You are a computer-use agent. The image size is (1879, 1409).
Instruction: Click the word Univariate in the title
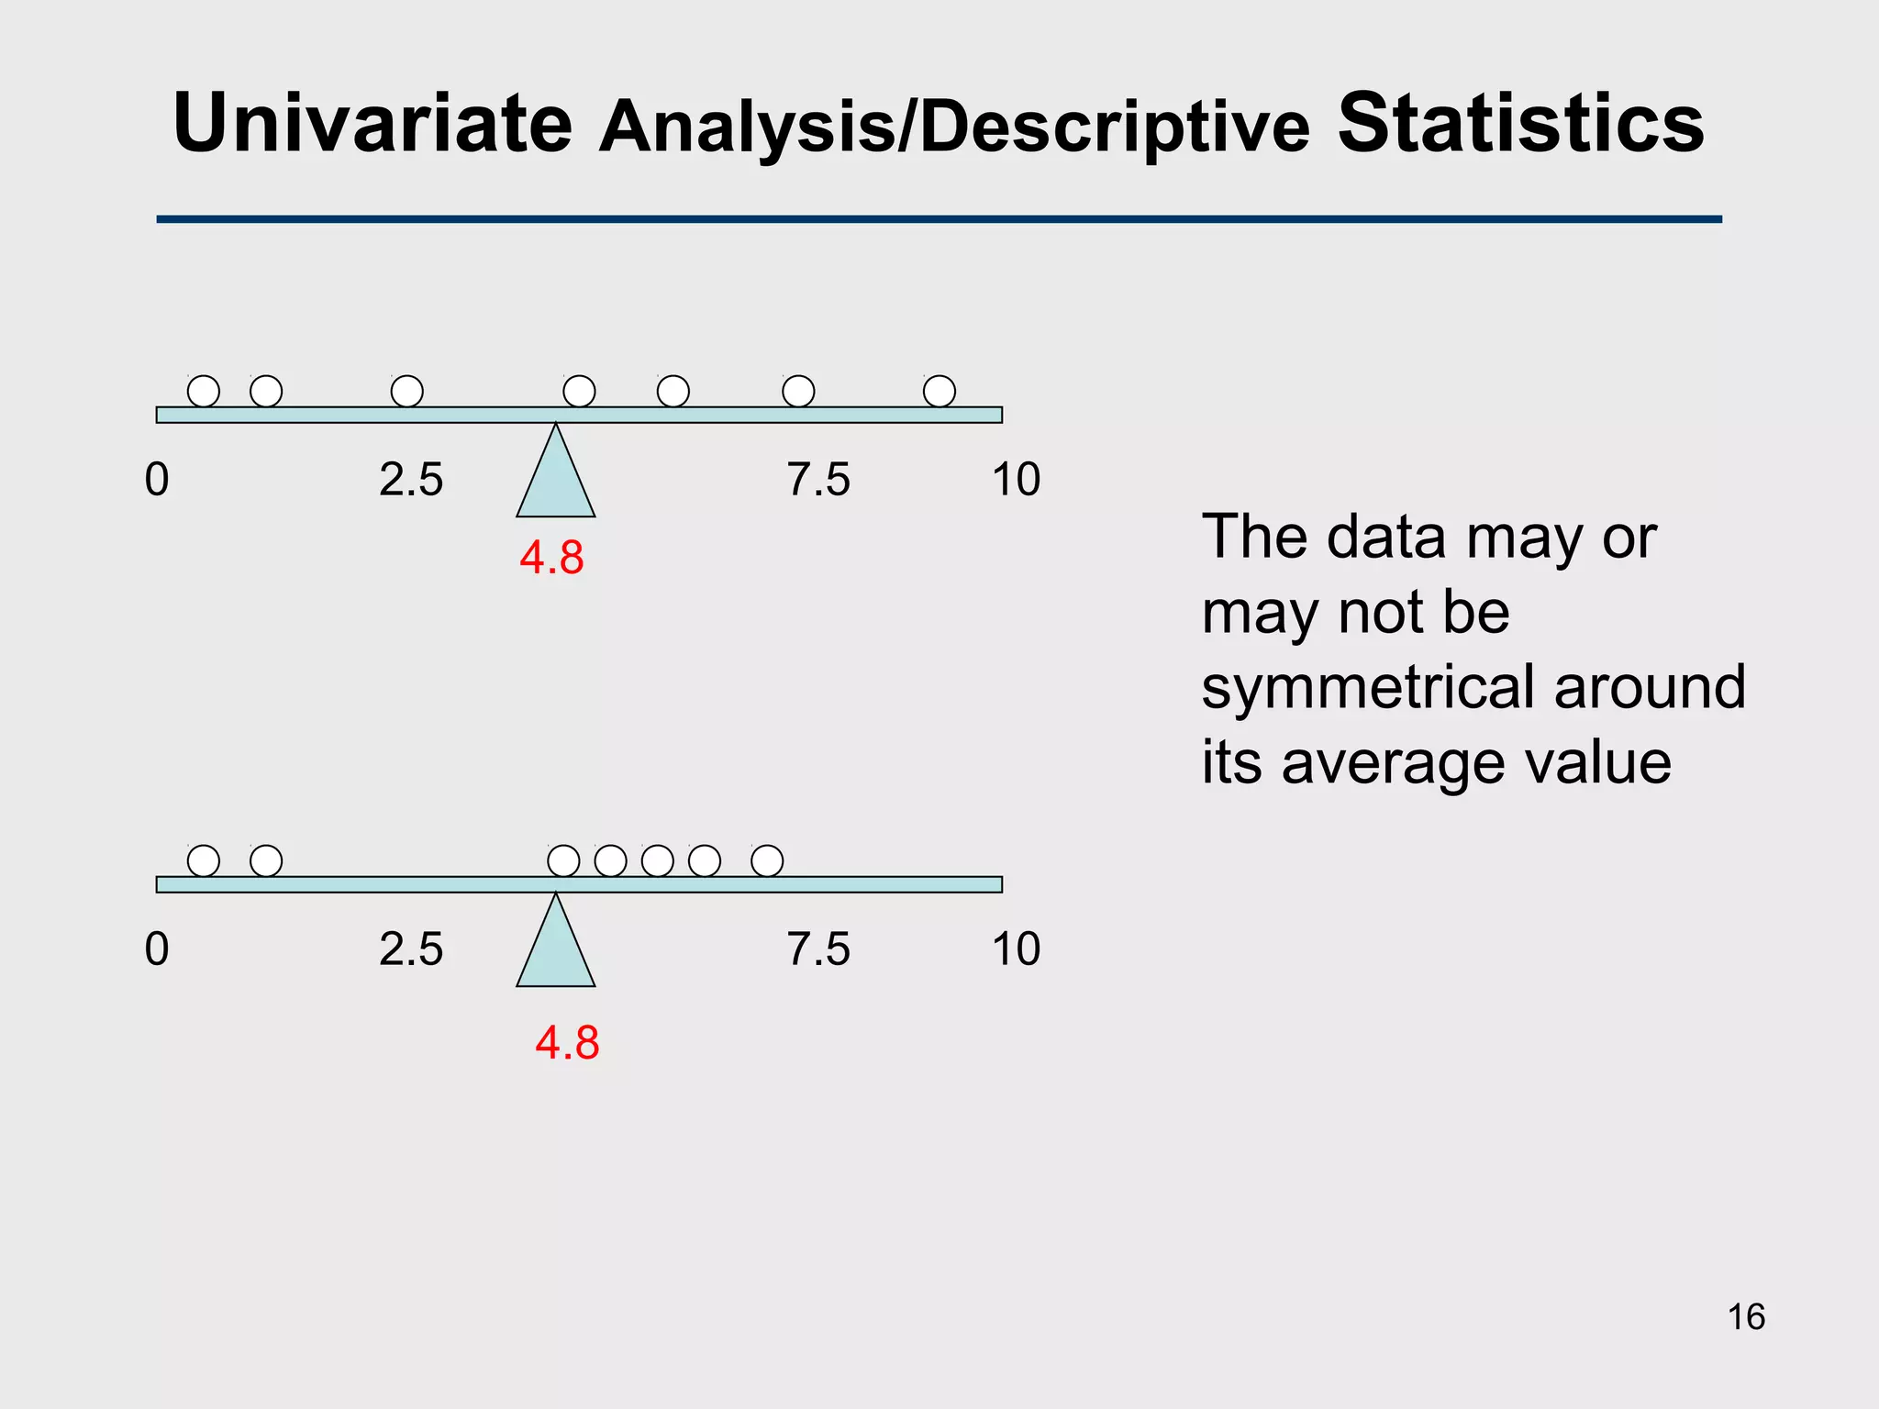pos(372,123)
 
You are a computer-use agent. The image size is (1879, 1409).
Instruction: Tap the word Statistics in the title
pos(1520,123)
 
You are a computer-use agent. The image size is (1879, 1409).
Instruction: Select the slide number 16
pos(1746,1317)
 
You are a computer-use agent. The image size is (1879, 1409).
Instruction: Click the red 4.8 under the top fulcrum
pos(551,558)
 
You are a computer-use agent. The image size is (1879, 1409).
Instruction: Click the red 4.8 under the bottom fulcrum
pos(567,1043)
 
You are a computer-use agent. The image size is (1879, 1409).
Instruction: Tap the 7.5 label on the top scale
pos(818,480)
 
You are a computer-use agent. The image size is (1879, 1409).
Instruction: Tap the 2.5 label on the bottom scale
pos(411,949)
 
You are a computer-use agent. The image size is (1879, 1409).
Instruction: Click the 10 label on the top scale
pos(1016,480)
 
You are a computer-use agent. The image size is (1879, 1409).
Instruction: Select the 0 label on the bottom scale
pos(157,949)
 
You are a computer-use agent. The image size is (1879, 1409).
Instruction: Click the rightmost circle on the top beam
pos(939,392)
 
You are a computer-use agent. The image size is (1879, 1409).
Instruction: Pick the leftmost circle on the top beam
pos(204,392)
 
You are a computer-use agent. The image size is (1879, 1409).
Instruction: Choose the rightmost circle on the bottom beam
pos(767,861)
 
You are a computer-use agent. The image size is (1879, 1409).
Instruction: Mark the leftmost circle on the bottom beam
pos(204,861)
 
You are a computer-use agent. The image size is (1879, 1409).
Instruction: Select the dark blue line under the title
pos(939,219)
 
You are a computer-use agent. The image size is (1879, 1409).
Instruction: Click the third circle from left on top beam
pos(407,392)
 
